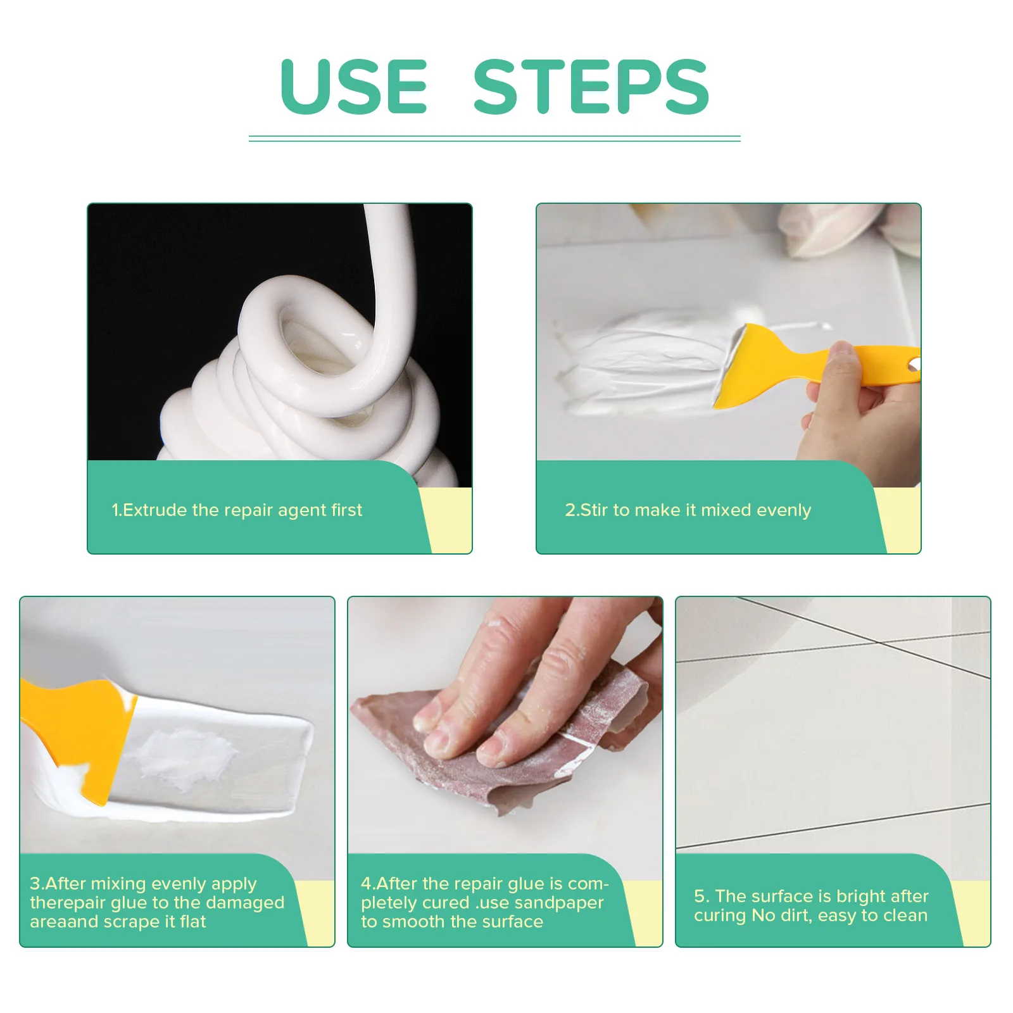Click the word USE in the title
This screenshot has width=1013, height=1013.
pos(354,87)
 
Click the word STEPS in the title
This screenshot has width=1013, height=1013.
pos(591,87)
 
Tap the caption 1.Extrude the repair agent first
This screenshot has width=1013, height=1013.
pos(237,510)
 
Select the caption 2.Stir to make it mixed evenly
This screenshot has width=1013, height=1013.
pos(688,510)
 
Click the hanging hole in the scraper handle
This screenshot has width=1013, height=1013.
pos(914,365)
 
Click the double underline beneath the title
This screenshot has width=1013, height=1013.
pos(494,139)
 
